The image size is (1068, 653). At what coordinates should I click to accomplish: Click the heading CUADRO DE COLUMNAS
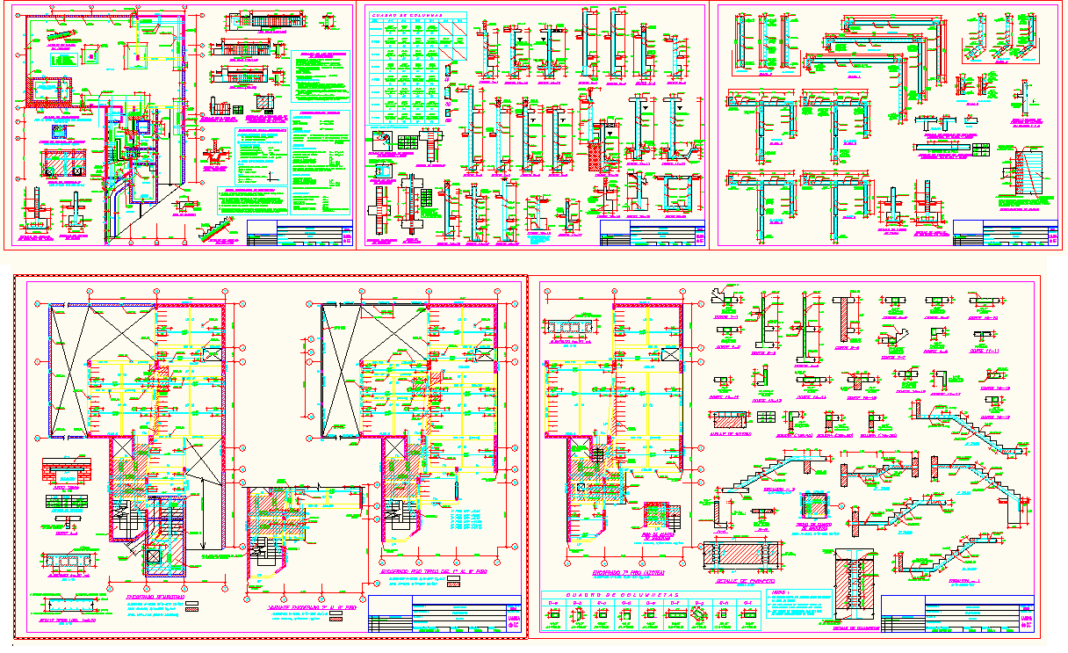click(x=405, y=15)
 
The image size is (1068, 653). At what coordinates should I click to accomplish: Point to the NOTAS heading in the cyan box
click(x=779, y=595)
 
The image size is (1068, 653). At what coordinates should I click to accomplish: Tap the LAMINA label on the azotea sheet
click(x=1028, y=619)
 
